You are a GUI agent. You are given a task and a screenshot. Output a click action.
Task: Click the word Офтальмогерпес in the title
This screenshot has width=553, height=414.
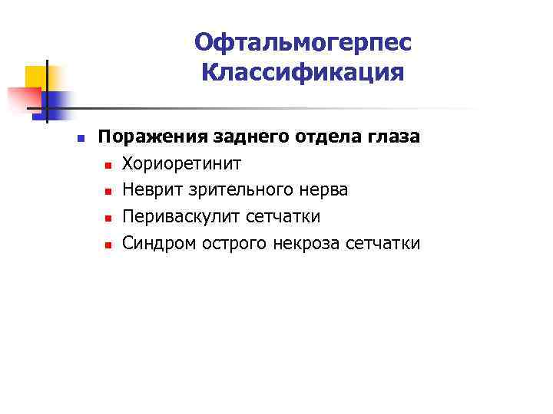point(303,43)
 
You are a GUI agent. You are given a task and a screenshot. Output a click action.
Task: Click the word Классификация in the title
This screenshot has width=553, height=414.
point(303,74)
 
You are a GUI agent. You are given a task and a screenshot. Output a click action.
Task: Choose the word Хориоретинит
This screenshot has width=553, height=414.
point(182,163)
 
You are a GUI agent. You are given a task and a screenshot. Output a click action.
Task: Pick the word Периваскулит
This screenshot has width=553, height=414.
point(182,217)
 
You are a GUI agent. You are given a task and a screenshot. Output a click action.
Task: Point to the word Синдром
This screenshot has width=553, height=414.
point(158,244)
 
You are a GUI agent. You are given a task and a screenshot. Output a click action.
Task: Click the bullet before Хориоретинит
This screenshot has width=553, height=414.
point(109,165)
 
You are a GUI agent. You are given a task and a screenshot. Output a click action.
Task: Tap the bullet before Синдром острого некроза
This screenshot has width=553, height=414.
point(109,245)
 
